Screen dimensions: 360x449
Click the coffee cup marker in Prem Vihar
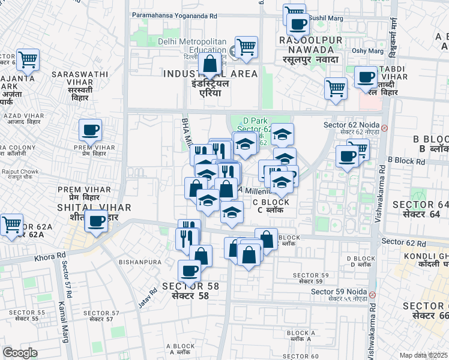90,130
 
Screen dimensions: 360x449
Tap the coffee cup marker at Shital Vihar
96,221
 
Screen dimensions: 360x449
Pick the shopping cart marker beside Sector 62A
11,225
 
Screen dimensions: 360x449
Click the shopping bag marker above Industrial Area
210,64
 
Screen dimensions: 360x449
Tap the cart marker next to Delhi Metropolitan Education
246,47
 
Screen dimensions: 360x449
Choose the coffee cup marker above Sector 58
190,271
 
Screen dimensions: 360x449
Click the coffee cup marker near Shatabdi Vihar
366,77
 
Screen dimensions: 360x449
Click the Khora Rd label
50,256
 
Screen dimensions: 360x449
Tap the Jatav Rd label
144,298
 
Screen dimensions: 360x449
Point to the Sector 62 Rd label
403,242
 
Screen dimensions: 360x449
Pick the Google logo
20,353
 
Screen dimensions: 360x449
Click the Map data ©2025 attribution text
424,355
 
